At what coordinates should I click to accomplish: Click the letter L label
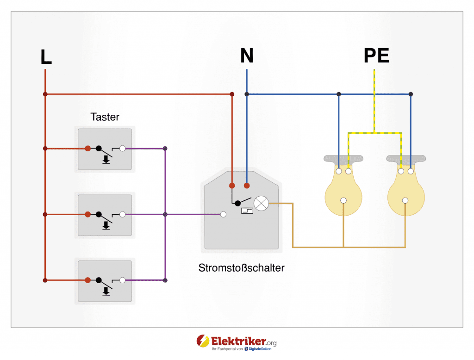(x=46, y=57)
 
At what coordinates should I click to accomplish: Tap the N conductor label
(x=247, y=56)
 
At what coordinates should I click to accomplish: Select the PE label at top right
(x=376, y=56)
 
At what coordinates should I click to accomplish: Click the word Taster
(x=105, y=117)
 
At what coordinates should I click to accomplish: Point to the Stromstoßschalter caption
(x=241, y=268)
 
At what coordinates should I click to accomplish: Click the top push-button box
(x=105, y=149)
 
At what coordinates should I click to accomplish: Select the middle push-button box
(x=105, y=215)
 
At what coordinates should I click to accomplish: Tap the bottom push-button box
(x=105, y=281)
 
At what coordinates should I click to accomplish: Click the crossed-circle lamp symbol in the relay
(x=262, y=203)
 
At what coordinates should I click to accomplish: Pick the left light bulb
(x=343, y=190)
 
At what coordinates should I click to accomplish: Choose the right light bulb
(x=405, y=190)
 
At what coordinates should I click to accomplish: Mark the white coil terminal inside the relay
(x=223, y=215)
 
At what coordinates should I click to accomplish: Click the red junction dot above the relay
(x=232, y=94)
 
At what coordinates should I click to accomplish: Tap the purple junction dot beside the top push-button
(x=165, y=149)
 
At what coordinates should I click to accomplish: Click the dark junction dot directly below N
(x=247, y=94)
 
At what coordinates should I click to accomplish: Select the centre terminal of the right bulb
(x=405, y=200)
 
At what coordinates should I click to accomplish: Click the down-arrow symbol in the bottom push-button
(x=106, y=291)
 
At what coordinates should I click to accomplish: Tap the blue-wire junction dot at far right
(x=411, y=94)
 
